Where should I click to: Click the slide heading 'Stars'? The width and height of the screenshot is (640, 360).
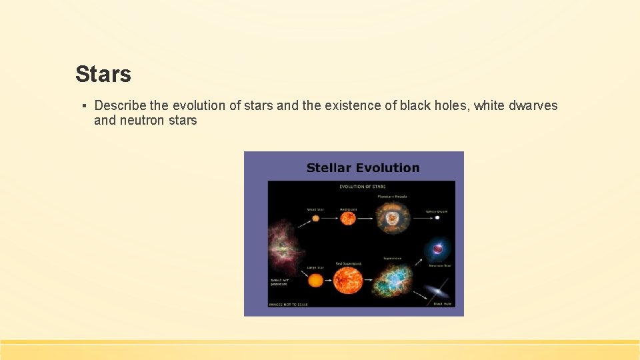[x=103, y=74]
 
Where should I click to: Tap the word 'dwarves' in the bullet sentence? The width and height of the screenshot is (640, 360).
[x=533, y=105]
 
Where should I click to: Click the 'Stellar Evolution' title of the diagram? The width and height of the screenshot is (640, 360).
[x=363, y=168]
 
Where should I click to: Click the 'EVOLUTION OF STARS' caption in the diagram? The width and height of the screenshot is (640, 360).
[x=362, y=187]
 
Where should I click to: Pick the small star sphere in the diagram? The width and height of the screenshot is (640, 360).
[x=315, y=218]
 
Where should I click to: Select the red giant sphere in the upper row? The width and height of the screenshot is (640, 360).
[x=348, y=217]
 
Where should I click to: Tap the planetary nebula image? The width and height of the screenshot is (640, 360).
[x=392, y=217]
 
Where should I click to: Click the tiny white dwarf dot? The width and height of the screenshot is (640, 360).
[x=437, y=217]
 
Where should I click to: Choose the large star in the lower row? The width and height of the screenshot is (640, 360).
[x=315, y=280]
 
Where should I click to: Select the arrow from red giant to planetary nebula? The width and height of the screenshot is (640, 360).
[x=367, y=217]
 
